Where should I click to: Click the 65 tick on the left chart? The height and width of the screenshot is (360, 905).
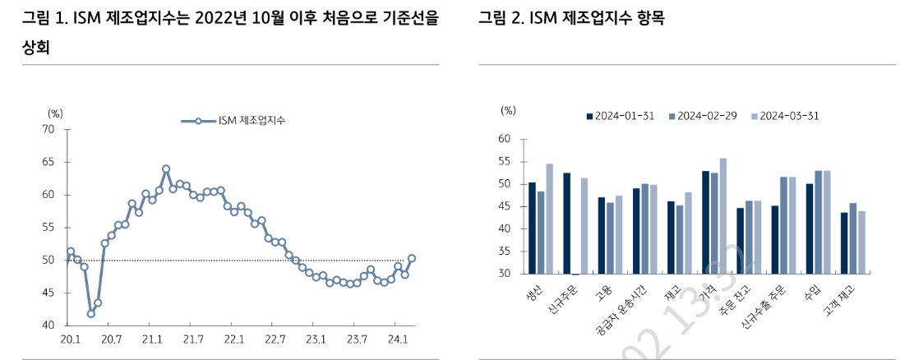click(48, 162)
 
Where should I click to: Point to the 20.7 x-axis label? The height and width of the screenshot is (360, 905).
click(110, 339)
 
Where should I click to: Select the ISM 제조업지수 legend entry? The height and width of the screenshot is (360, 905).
click(238, 121)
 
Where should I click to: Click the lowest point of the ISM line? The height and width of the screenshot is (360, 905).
click(90, 313)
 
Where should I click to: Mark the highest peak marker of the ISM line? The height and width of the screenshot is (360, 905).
click(166, 168)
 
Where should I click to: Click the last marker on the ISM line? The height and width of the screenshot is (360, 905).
click(411, 258)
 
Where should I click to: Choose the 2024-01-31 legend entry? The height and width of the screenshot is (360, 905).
click(620, 116)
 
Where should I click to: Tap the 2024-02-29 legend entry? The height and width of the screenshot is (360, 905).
click(701, 116)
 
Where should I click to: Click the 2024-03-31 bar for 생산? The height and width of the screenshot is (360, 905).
click(550, 219)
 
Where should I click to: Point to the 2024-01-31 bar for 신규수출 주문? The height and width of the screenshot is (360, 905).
click(774, 239)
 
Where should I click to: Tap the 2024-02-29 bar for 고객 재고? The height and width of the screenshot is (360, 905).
click(852, 238)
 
